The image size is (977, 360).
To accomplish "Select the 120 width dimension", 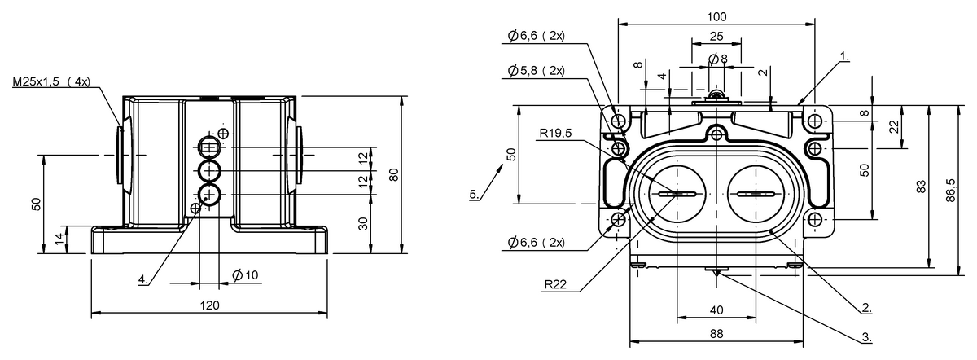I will coord(209,305).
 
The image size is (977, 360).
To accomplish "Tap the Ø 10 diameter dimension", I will coord(245,275).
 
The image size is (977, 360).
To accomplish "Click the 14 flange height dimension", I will coord(56,239).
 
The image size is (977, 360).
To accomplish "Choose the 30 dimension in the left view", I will coord(363,223).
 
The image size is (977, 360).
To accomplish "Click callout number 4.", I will coord(142,279).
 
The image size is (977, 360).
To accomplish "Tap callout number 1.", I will coord(845,57).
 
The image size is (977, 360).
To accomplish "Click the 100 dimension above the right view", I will coord(716,15).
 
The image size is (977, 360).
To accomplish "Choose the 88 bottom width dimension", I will coord(716,333).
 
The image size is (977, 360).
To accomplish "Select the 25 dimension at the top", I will coord(716,36).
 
